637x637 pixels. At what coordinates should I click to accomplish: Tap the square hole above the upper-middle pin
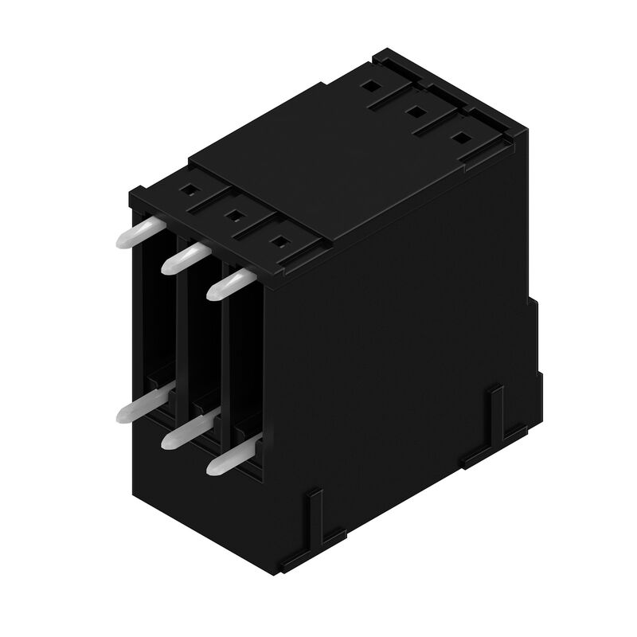(x=233, y=213)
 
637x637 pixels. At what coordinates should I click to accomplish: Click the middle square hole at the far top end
(x=415, y=111)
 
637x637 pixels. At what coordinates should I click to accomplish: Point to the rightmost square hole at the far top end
(x=459, y=137)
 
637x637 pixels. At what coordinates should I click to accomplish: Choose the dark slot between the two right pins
(x=243, y=374)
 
